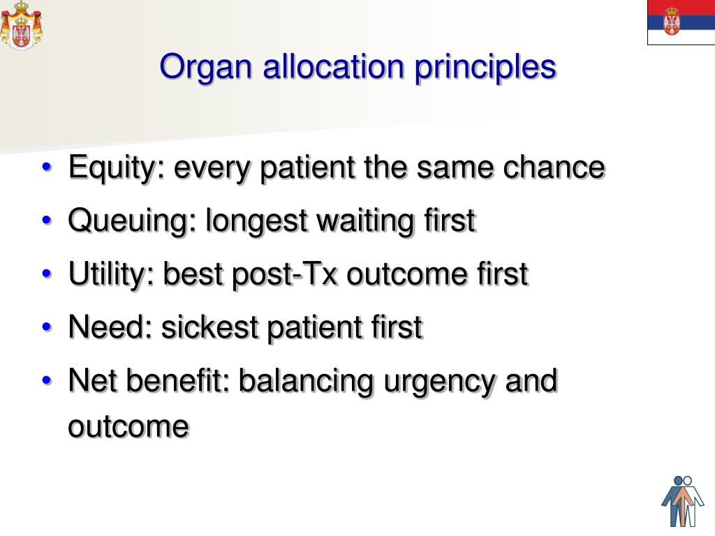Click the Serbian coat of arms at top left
pyautogui.click(x=22, y=25)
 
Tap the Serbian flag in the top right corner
pyautogui.click(x=680, y=22)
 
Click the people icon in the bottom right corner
pyautogui.click(x=682, y=500)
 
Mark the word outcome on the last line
pyautogui.click(x=128, y=426)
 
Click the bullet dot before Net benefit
pyautogui.click(x=47, y=381)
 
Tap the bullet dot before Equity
pyautogui.click(x=47, y=168)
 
